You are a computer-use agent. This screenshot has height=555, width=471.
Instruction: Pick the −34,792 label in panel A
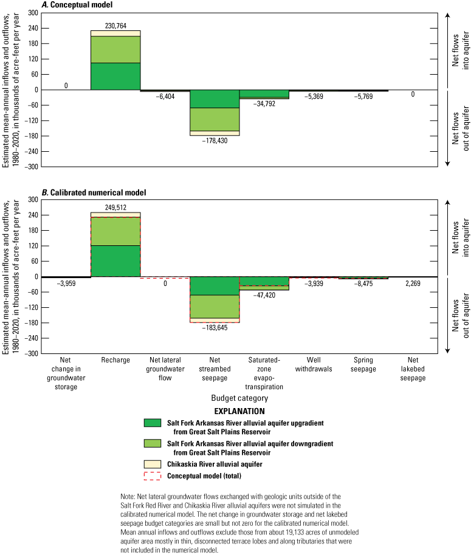(264, 104)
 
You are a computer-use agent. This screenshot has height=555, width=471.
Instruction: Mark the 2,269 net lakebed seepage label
(413, 281)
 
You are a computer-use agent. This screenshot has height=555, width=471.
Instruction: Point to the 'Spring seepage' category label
(363, 359)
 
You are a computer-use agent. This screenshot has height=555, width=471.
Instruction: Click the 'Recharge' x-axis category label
(115, 359)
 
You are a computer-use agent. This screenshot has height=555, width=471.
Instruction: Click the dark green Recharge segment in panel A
(115, 76)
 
